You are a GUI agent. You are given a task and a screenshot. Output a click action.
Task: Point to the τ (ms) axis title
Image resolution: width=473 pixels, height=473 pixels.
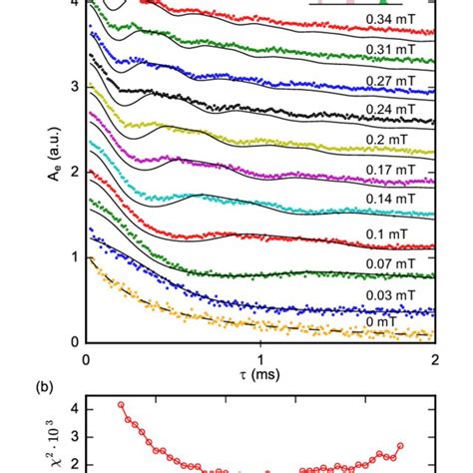point(261,376)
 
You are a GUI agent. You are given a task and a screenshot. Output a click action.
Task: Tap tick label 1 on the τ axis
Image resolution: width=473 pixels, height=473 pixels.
point(261,357)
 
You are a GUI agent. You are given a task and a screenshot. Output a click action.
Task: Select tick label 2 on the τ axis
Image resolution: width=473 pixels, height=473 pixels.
point(435,357)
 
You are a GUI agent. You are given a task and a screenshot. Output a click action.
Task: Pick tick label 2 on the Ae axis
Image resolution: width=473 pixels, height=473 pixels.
point(75,172)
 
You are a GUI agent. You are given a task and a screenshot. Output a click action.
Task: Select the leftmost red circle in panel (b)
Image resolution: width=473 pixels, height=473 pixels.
point(122,405)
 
